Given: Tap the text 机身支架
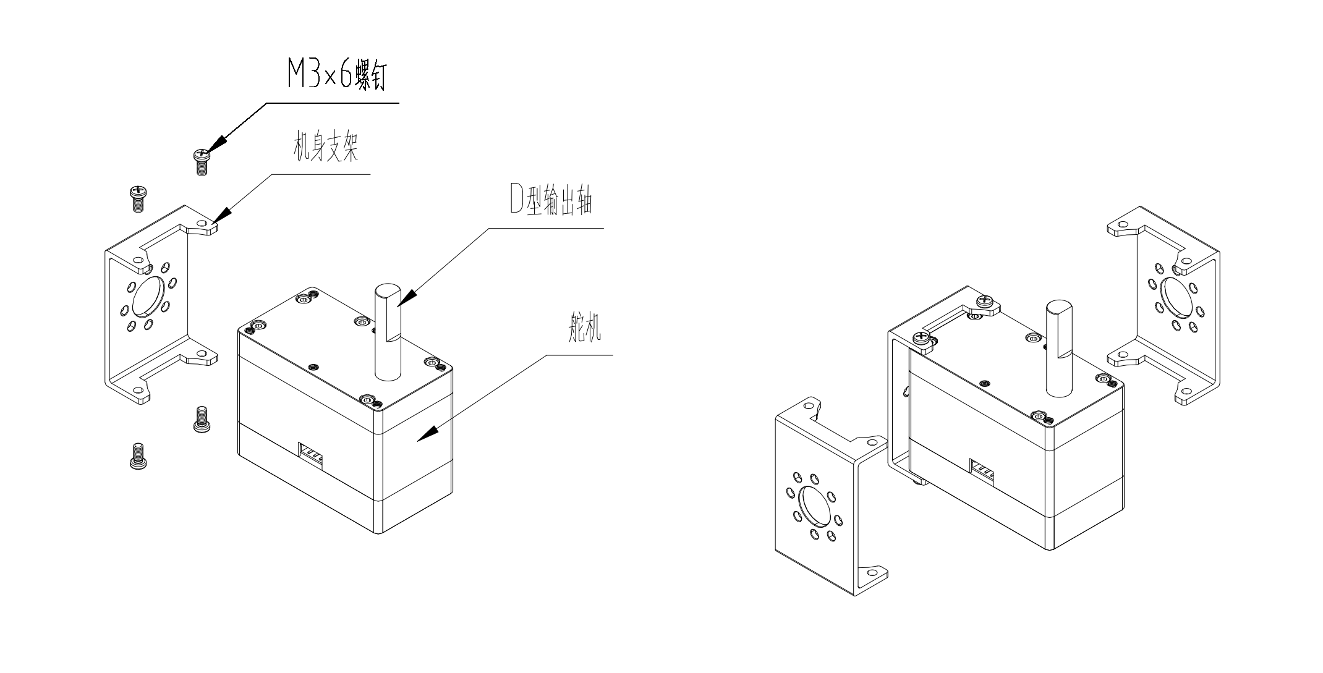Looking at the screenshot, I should [326, 149].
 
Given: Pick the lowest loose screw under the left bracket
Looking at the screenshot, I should [138, 456].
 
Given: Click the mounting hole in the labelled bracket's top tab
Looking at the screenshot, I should [202, 224].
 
